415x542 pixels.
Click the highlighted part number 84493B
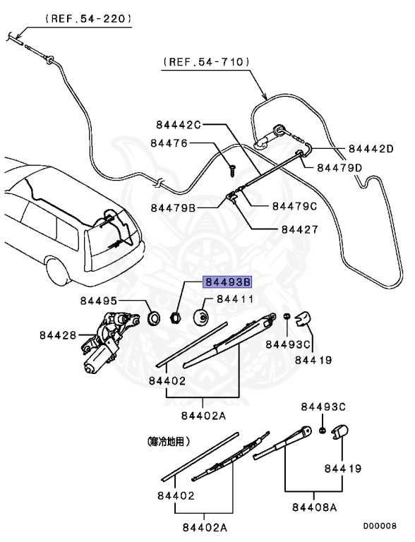click(x=227, y=282)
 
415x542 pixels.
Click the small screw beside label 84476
click(x=231, y=169)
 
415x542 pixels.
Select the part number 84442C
click(x=174, y=124)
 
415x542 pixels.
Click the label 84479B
click(x=174, y=208)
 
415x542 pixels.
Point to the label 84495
click(x=99, y=301)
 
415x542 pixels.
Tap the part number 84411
click(x=234, y=299)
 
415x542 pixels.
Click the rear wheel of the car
click(x=56, y=270)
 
